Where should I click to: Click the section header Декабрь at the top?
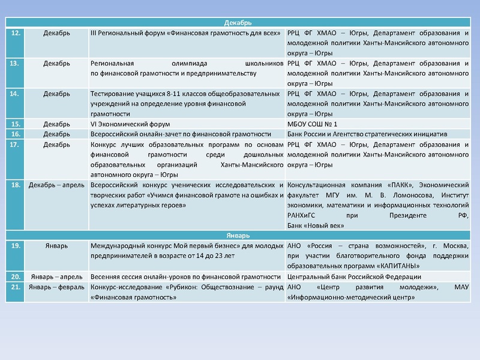click(242, 23)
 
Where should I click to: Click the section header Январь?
click(242, 236)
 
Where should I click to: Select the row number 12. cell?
click(16, 32)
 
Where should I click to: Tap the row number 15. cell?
click(16, 124)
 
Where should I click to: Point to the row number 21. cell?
click(16, 287)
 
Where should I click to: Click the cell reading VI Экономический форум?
click(127, 124)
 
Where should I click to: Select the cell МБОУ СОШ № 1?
click(313, 124)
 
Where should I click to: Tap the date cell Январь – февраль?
click(56, 287)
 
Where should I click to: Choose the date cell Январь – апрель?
click(56, 276)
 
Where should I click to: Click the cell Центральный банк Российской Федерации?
click(354, 276)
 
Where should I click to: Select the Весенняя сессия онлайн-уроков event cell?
click(185, 276)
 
